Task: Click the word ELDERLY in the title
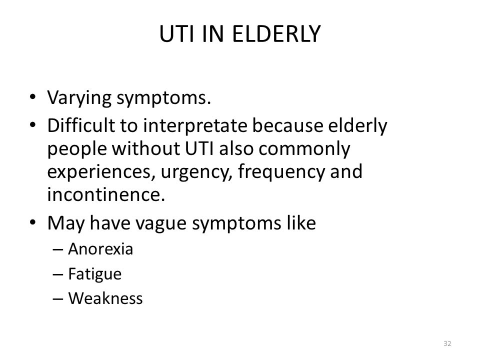[x=276, y=33]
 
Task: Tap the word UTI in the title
[x=176, y=33]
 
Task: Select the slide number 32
[x=447, y=343]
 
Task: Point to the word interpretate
[x=195, y=125]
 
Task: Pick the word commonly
[x=304, y=149]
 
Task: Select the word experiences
[x=99, y=172]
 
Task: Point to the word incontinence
[x=106, y=194]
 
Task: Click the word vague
[x=160, y=223]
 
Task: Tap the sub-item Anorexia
[x=100, y=249]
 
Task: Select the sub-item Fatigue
[x=95, y=274]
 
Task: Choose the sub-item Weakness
[x=105, y=298]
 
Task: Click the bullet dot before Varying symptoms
[x=33, y=97]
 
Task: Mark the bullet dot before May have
[x=33, y=222]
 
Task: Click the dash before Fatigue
[x=58, y=274]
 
